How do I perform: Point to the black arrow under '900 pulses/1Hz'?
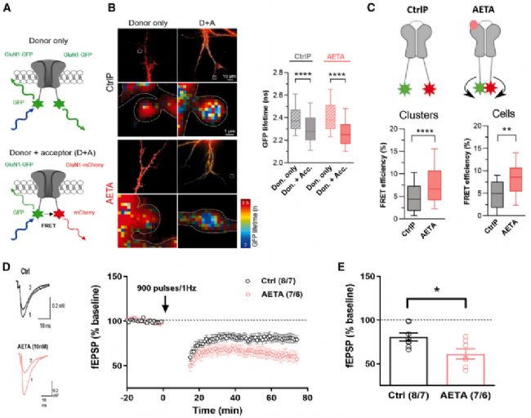click(165, 306)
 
